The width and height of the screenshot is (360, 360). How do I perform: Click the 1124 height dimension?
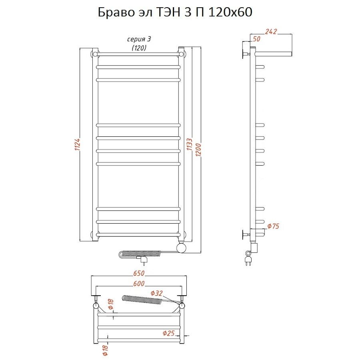tap(77, 144)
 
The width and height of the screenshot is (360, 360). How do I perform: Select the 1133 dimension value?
tap(190, 144)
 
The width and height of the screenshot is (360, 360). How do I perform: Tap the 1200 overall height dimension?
tap(198, 150)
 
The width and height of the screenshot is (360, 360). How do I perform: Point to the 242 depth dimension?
tap(271, 32)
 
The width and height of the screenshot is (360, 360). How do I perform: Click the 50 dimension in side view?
tap(256, 39)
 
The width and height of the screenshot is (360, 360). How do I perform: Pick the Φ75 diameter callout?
tap(274, 226)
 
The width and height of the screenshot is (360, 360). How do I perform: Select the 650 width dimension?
tap(139, 273)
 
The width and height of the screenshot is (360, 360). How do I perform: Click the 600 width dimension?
tap(139, 284)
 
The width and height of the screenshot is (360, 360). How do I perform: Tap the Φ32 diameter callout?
tap(156, 293)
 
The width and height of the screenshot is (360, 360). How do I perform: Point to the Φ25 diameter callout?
tap(169, 333)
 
